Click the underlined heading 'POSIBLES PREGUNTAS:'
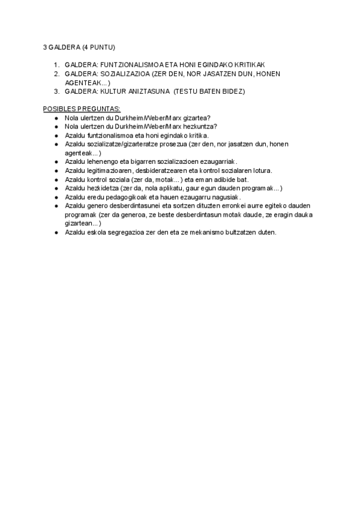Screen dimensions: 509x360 pyautogui.click(x=82, y=109)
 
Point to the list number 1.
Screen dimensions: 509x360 pyautogui.click(x=56, y=65)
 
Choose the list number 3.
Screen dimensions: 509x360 pyautogui.click(x=56, y=91)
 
